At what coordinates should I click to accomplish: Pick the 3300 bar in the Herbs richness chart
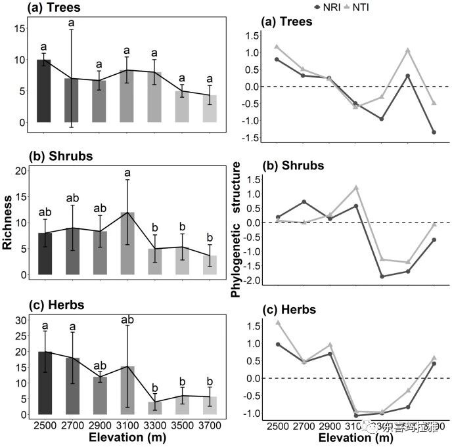[x=154, y=408]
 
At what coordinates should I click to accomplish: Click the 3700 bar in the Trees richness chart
[x=209, y=109]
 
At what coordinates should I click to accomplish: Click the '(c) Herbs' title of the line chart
[x=288, y=309]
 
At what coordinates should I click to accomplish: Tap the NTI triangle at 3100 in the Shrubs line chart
[x=356, y=188]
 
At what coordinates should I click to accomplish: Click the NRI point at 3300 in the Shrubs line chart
[x=382, y=276]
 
